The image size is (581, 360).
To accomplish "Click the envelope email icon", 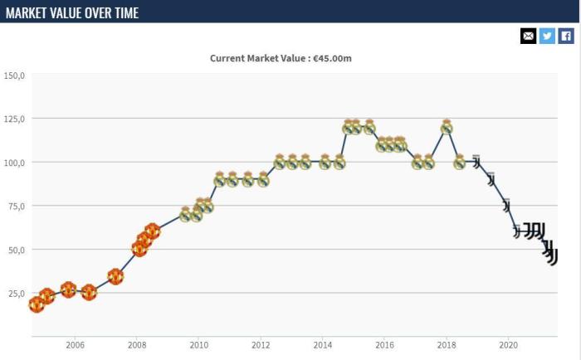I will pos(528,36).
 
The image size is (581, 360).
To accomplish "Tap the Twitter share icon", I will pos(547,36).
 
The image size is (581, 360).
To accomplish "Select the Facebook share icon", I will pos(566,36).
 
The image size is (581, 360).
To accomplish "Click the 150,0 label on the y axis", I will pos(15,75).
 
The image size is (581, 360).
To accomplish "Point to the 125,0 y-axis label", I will pos(15,119).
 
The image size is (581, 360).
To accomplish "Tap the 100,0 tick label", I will pos(15,163).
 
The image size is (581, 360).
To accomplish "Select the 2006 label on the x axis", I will pos(75,346).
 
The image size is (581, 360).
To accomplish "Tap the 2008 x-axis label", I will pos(137,346).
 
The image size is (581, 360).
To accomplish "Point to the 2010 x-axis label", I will pos(198,346).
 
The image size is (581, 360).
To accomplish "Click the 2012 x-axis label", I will pos(261,346).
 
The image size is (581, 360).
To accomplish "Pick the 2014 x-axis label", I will pos(323,346).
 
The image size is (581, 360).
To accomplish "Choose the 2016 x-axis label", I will pos(384,346).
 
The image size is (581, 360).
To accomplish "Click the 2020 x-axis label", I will pos(508,346).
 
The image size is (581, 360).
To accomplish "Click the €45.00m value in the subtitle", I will pos(339,58).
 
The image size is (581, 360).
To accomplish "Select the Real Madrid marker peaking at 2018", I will pos(447,127).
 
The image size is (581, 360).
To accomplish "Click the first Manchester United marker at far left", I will pos(36,304).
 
